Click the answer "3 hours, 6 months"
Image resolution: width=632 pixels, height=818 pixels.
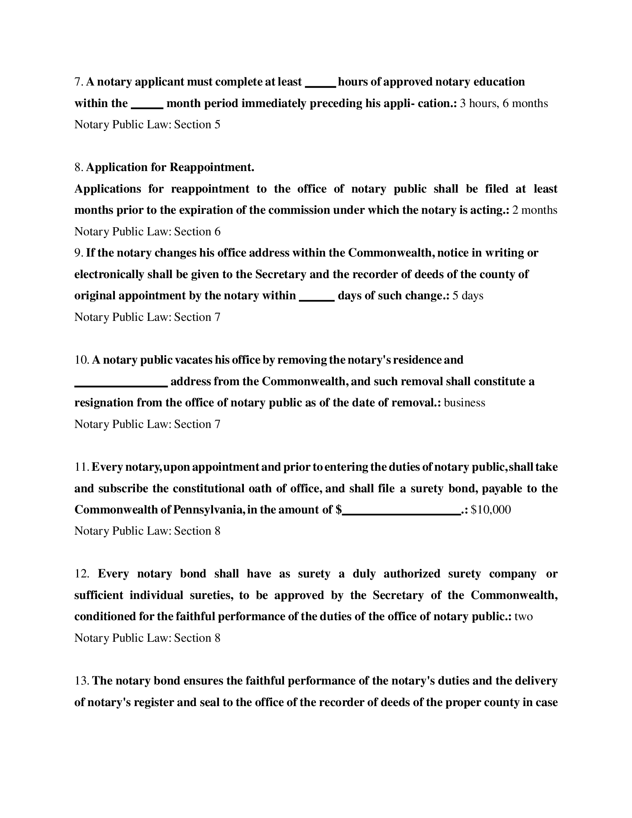tap(504, 103)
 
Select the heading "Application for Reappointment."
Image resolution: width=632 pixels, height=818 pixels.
tap(170, 167)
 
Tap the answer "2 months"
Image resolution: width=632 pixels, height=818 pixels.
tap(534, 210)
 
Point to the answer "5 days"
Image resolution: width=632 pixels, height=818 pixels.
tap(468, 296)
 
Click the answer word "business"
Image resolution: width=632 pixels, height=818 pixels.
tap(464, 403)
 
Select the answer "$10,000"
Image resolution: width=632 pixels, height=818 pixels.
tap(490, 510)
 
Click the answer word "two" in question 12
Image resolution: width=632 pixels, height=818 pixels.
tap(523, 617)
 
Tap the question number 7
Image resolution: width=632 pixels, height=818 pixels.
tap(78, 82)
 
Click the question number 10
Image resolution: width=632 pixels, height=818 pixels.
tap(81, 360)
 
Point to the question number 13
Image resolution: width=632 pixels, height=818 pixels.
tap(81, 681)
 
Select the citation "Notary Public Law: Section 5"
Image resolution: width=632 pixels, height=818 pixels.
tap(147, 125)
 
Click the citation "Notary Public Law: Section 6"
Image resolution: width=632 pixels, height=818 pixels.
tap(147, 232)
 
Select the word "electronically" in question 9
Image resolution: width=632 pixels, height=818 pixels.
tap(109, 274)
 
